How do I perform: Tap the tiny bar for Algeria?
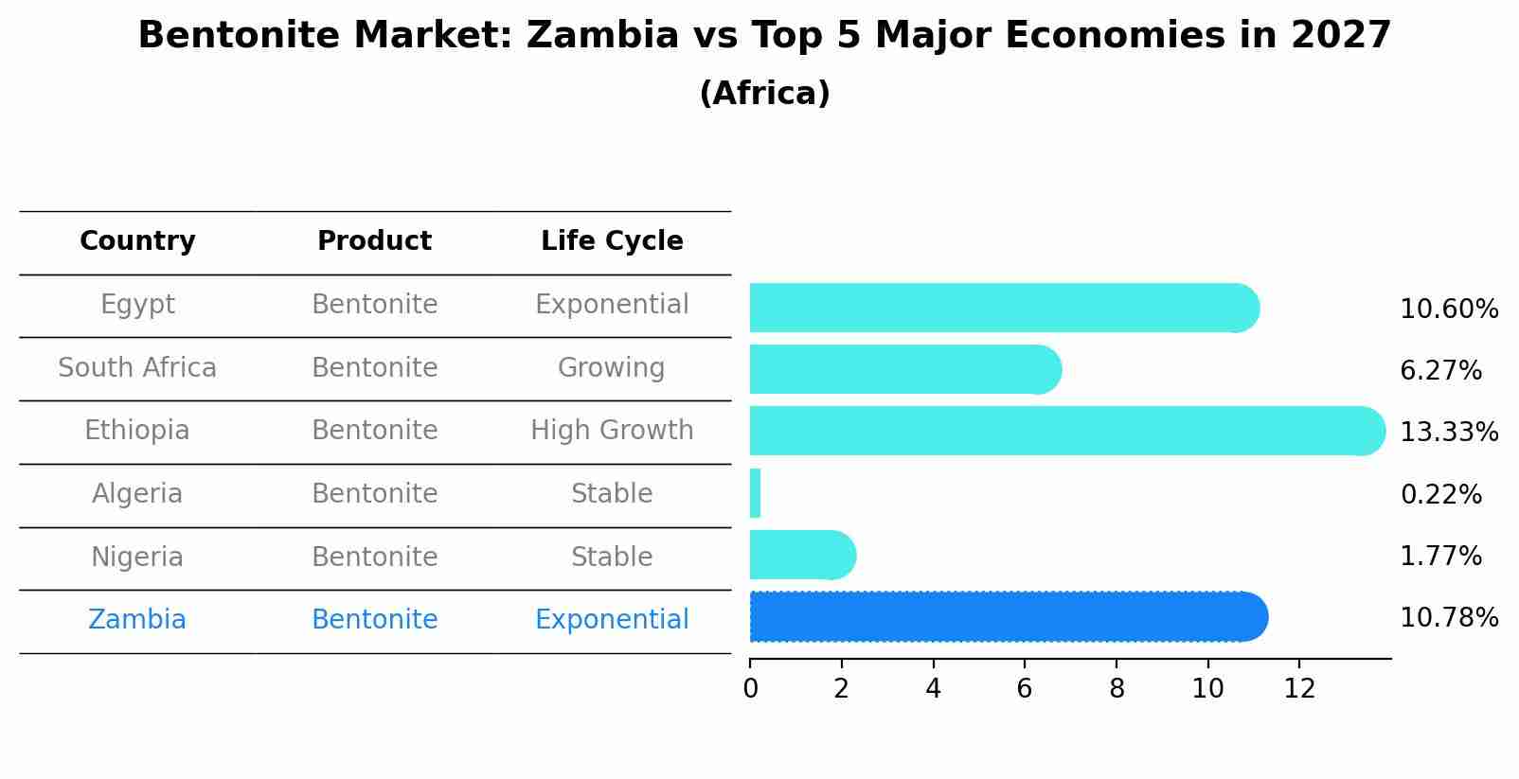[x=755, y=493]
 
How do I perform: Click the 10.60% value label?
[x=1448, y=310]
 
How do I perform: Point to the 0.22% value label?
[x=1440, y=494]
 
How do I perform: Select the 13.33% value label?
[x=1448, y=433]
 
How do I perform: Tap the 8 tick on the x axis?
[x=1117, y=689]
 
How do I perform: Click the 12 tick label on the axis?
[x=1299, y=689]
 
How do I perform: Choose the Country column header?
[x=137, y=241]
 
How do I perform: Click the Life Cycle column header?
[x=612, y=241]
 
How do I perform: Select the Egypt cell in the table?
[x=137, y=305]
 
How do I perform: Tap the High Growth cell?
[x=612, y=431]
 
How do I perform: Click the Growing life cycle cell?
[x=612, y=367]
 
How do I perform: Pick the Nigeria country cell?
[x=137, y=557]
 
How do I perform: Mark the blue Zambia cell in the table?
[x=137, y=620]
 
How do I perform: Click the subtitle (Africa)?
[x=764, y=94]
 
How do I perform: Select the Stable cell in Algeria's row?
[x=612, y=494]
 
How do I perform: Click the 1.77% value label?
[x=1440, y=556]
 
